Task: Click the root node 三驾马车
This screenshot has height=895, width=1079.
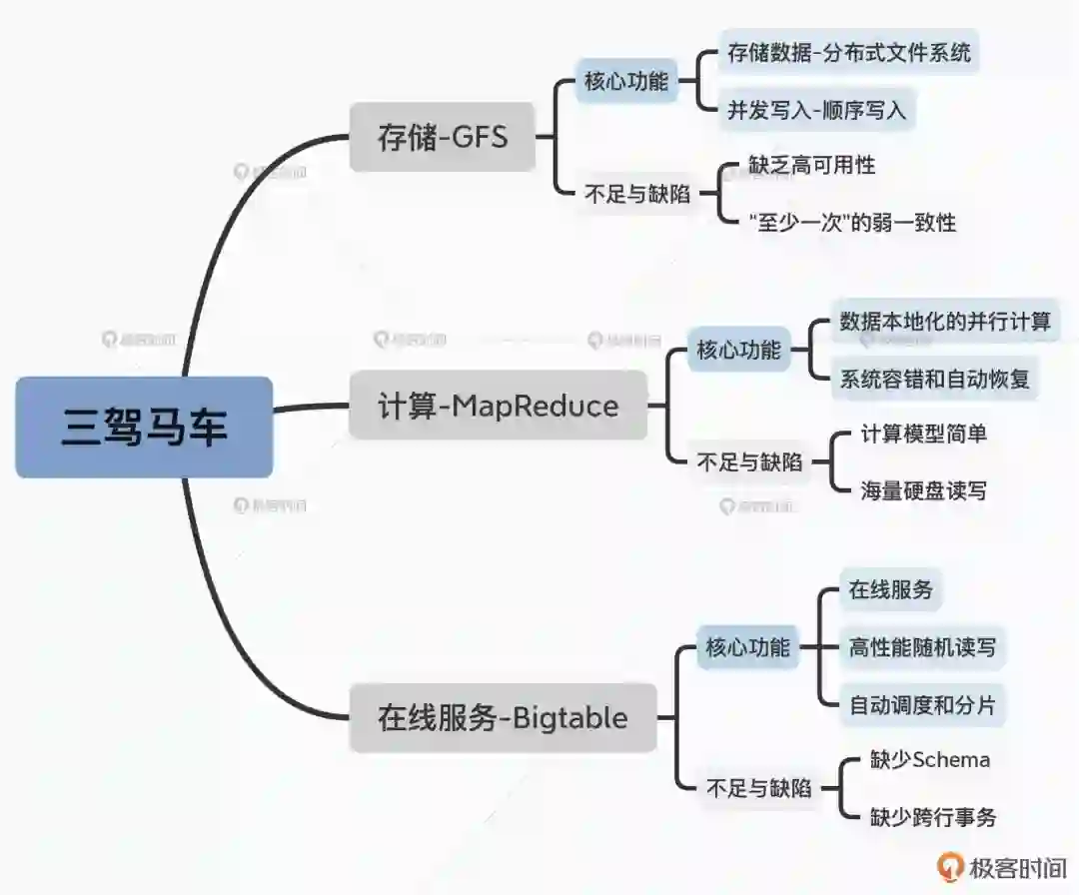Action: [x=144, y=427]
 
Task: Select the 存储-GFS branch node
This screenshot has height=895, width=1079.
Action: [x=442, y=137]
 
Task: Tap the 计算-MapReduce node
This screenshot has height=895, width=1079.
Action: [x=498, y=406]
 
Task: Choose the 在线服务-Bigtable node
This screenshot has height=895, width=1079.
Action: [x=503, y=717]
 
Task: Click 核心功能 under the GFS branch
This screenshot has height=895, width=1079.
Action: [x=625, y=81]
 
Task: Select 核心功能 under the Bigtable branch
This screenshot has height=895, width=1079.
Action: [x=747, y=646]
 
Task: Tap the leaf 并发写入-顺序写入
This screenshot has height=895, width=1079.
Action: [x=816, y=110]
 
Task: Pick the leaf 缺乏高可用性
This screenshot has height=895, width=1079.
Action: [x=811, y=165]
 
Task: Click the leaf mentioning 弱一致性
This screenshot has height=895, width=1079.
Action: [x=851, y=222]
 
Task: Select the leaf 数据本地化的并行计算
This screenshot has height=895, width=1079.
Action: [x=944, y=322]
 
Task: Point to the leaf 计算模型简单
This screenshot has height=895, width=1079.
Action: [x=924, y=434]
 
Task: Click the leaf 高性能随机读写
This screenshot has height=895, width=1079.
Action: [x=921, y=646]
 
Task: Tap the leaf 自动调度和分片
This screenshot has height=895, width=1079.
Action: [x=921, y=704]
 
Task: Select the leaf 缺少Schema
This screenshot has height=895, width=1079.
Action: [x=929, y=759]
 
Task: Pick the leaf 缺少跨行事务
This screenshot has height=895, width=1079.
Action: [x=932, y=816]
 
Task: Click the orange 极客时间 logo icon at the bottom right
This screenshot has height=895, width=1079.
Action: [x=950, y=866]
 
